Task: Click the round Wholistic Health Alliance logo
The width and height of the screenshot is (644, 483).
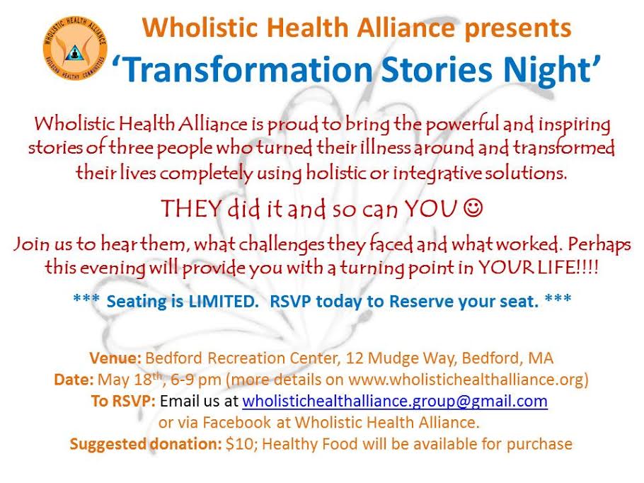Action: point(75,47)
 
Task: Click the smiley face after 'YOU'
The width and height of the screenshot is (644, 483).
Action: point(473,208)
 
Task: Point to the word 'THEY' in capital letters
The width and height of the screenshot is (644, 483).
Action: point(191,208)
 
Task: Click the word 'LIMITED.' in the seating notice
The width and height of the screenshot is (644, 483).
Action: point(223,301)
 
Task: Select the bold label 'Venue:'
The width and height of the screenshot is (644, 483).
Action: point(115,358)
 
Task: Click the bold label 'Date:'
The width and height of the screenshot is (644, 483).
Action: point(74,380)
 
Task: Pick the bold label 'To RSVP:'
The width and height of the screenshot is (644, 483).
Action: point(123,401)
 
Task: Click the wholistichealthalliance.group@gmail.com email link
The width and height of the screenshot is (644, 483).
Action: point(395,401)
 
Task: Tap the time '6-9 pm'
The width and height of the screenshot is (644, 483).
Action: point(196,380)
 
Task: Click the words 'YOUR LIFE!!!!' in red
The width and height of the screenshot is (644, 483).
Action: point(539,268)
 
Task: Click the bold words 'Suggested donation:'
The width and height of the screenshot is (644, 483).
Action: point(146,444)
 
